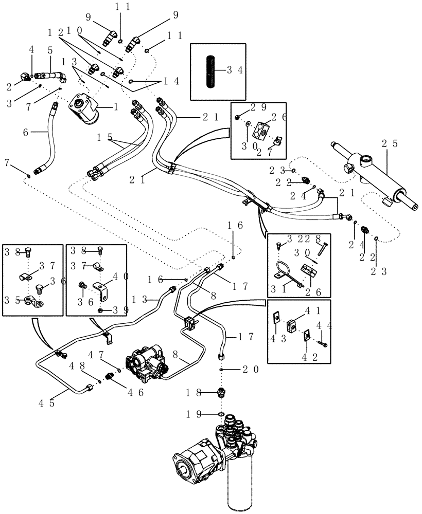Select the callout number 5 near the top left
pos(50,50)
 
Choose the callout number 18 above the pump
pos(195,393)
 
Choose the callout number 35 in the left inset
pos(12,301)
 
